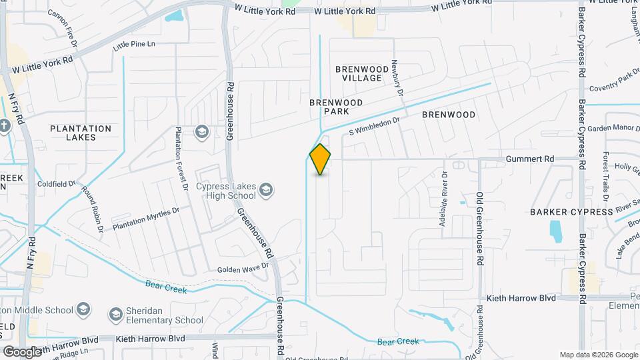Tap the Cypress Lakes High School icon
click(x=266, y=191)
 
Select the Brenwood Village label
click(x=362, y=73)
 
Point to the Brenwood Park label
click(x=336, y=107)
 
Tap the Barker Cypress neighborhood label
click(x=571, y=212)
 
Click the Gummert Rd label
click(x=530, y=159)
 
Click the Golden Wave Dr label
click(x=243, y=268)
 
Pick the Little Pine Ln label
click(x=134, y=45)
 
